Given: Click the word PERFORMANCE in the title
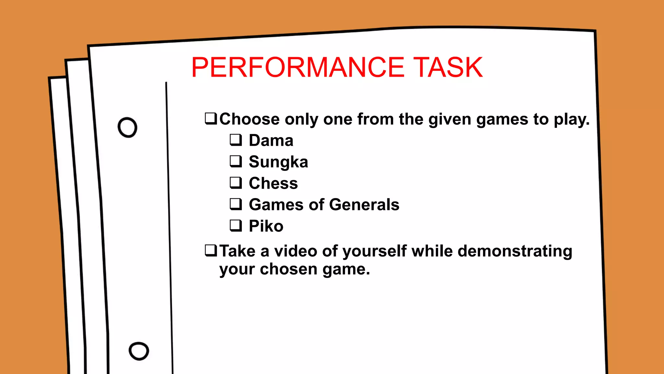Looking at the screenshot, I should click(x=298, y=68).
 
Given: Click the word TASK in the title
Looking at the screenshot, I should click(x=448, y=68).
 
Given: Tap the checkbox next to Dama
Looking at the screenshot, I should click(x=236, y=140).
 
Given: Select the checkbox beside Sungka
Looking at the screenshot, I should click(x=236, y=161).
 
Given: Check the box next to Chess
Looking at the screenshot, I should click(x=236, y=182).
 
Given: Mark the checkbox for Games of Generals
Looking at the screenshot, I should click(x=236, y=204).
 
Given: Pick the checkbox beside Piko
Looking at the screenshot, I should click(x=236, y=225).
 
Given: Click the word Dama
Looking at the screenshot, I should click(x=271, y=141).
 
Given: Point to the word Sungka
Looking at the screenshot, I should click(x=278, y=162).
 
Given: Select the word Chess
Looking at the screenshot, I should click(x=273, y=183).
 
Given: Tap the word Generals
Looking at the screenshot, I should click(x=364, y=205).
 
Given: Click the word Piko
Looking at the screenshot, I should click(x=266, y=226).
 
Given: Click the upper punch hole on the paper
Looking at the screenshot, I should click(x=127, y=127).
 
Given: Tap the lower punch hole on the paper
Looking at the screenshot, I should click(x=139, y=351).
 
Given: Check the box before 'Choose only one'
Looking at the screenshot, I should click(x=211, y=118).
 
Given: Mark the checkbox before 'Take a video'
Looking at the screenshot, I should click(x=211, y=250).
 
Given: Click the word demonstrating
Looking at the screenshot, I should click(x=515, y=251).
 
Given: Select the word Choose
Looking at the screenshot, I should click(x=249, y=119).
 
